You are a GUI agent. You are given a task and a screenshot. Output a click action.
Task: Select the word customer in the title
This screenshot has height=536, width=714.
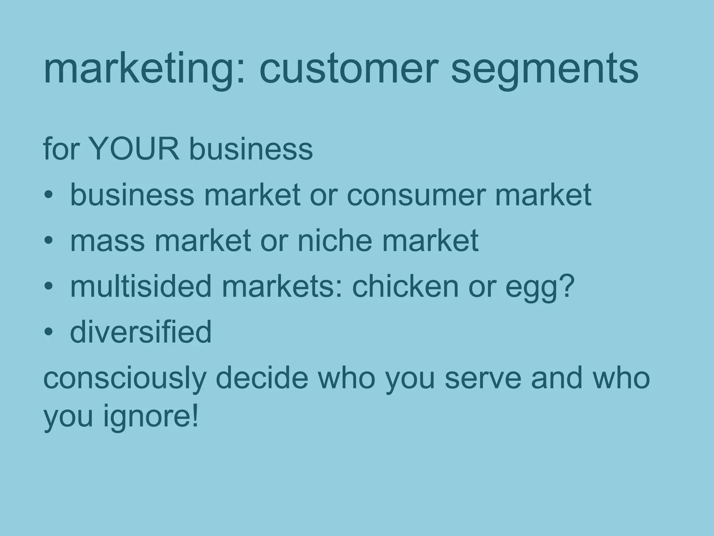pos(349,70)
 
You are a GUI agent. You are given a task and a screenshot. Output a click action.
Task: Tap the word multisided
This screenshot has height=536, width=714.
pos(141,286)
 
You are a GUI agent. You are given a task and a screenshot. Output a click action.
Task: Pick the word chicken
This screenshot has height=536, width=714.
pos(405,286)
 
